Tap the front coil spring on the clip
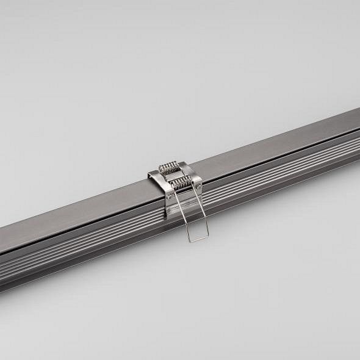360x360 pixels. click(182, 182)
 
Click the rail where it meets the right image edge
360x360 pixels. click(358, 131)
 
